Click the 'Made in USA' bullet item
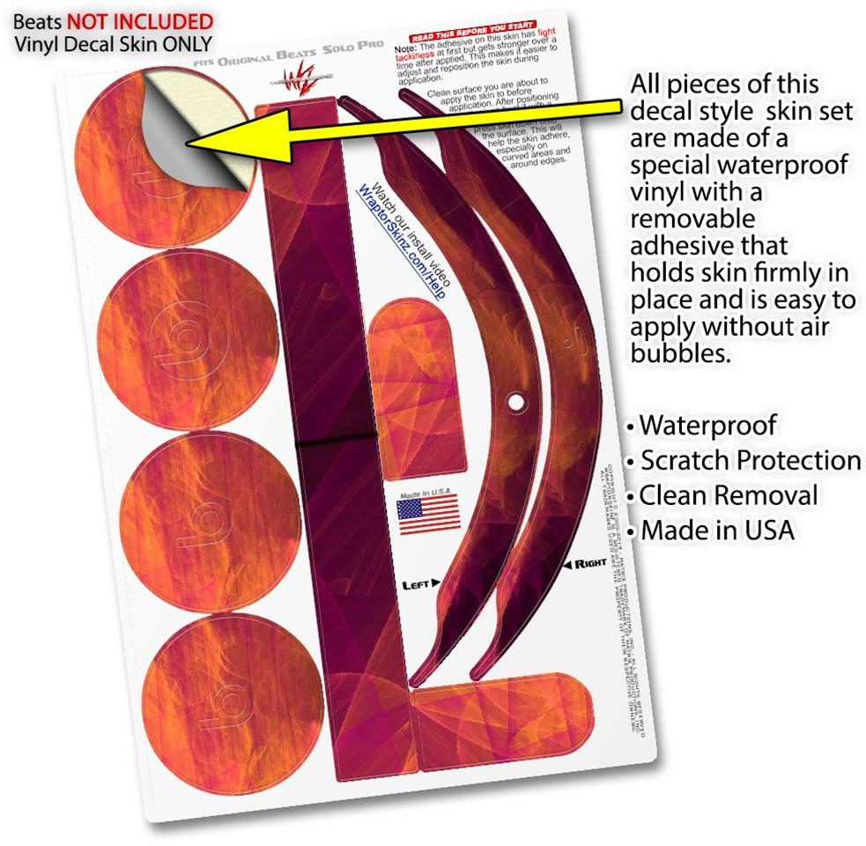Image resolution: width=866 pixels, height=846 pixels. (x=716, y=531)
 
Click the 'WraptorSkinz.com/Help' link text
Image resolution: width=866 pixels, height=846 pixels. (x=400, y=243)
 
